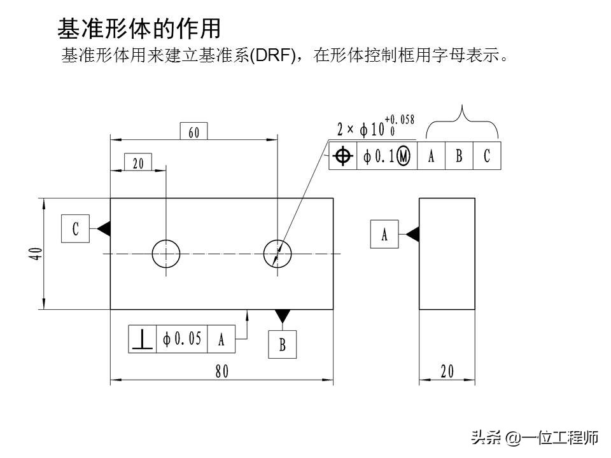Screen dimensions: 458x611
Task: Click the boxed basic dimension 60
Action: pyautogui.click(x=194, y=132)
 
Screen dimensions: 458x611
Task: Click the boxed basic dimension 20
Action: pyautogui.click(x=138, y=163)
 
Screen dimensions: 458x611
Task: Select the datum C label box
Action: pyautogui.click(x=75, y=228)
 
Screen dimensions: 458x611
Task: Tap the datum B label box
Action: pyautogui.click(x=282, y=344)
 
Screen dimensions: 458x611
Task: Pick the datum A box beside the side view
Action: pyautogui.click(x=384, y=234)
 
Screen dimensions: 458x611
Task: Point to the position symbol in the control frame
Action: pyautogui.click(x=343, y=156)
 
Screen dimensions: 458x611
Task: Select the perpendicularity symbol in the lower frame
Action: pyautogui.click(x=143, y=340)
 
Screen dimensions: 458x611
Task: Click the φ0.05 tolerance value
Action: pyautogui.click(x=183, y=339)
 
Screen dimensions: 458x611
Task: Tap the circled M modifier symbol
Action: pyautogui.click(x=403, y=156)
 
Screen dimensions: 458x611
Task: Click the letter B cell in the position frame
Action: pyautogui.click(x=459, y=156)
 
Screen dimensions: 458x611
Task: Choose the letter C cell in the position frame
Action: pyautogui.click(x=487, y=156)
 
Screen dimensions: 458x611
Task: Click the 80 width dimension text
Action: pyautogui.click(x=221, y=372)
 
